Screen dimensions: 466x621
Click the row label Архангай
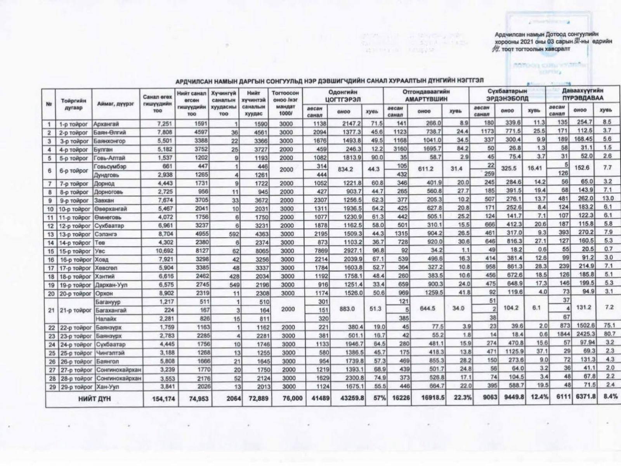tap(106, 124)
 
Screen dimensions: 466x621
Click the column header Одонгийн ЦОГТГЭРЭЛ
tap(343, 96)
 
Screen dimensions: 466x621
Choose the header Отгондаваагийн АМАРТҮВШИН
tap(426, 96)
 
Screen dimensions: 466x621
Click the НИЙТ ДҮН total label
tap(94, 399)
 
